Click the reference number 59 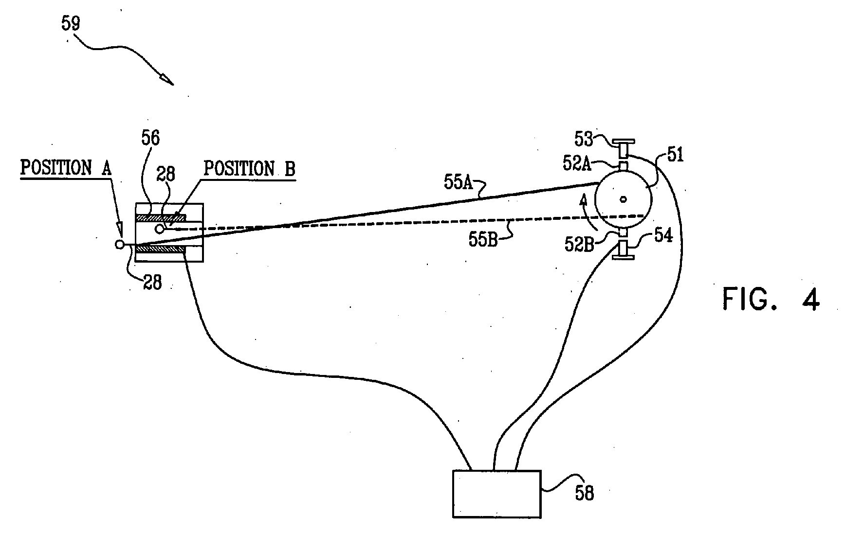pos(71,23)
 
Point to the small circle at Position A pos(120,245)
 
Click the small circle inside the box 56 pos(159,228)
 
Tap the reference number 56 pos(150,139)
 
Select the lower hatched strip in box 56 pos(160,249)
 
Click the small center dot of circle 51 pos(623,198)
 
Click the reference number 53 pos(584,140)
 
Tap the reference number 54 pos(663,236)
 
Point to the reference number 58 pos(584,493)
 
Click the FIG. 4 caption pos(771,299)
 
